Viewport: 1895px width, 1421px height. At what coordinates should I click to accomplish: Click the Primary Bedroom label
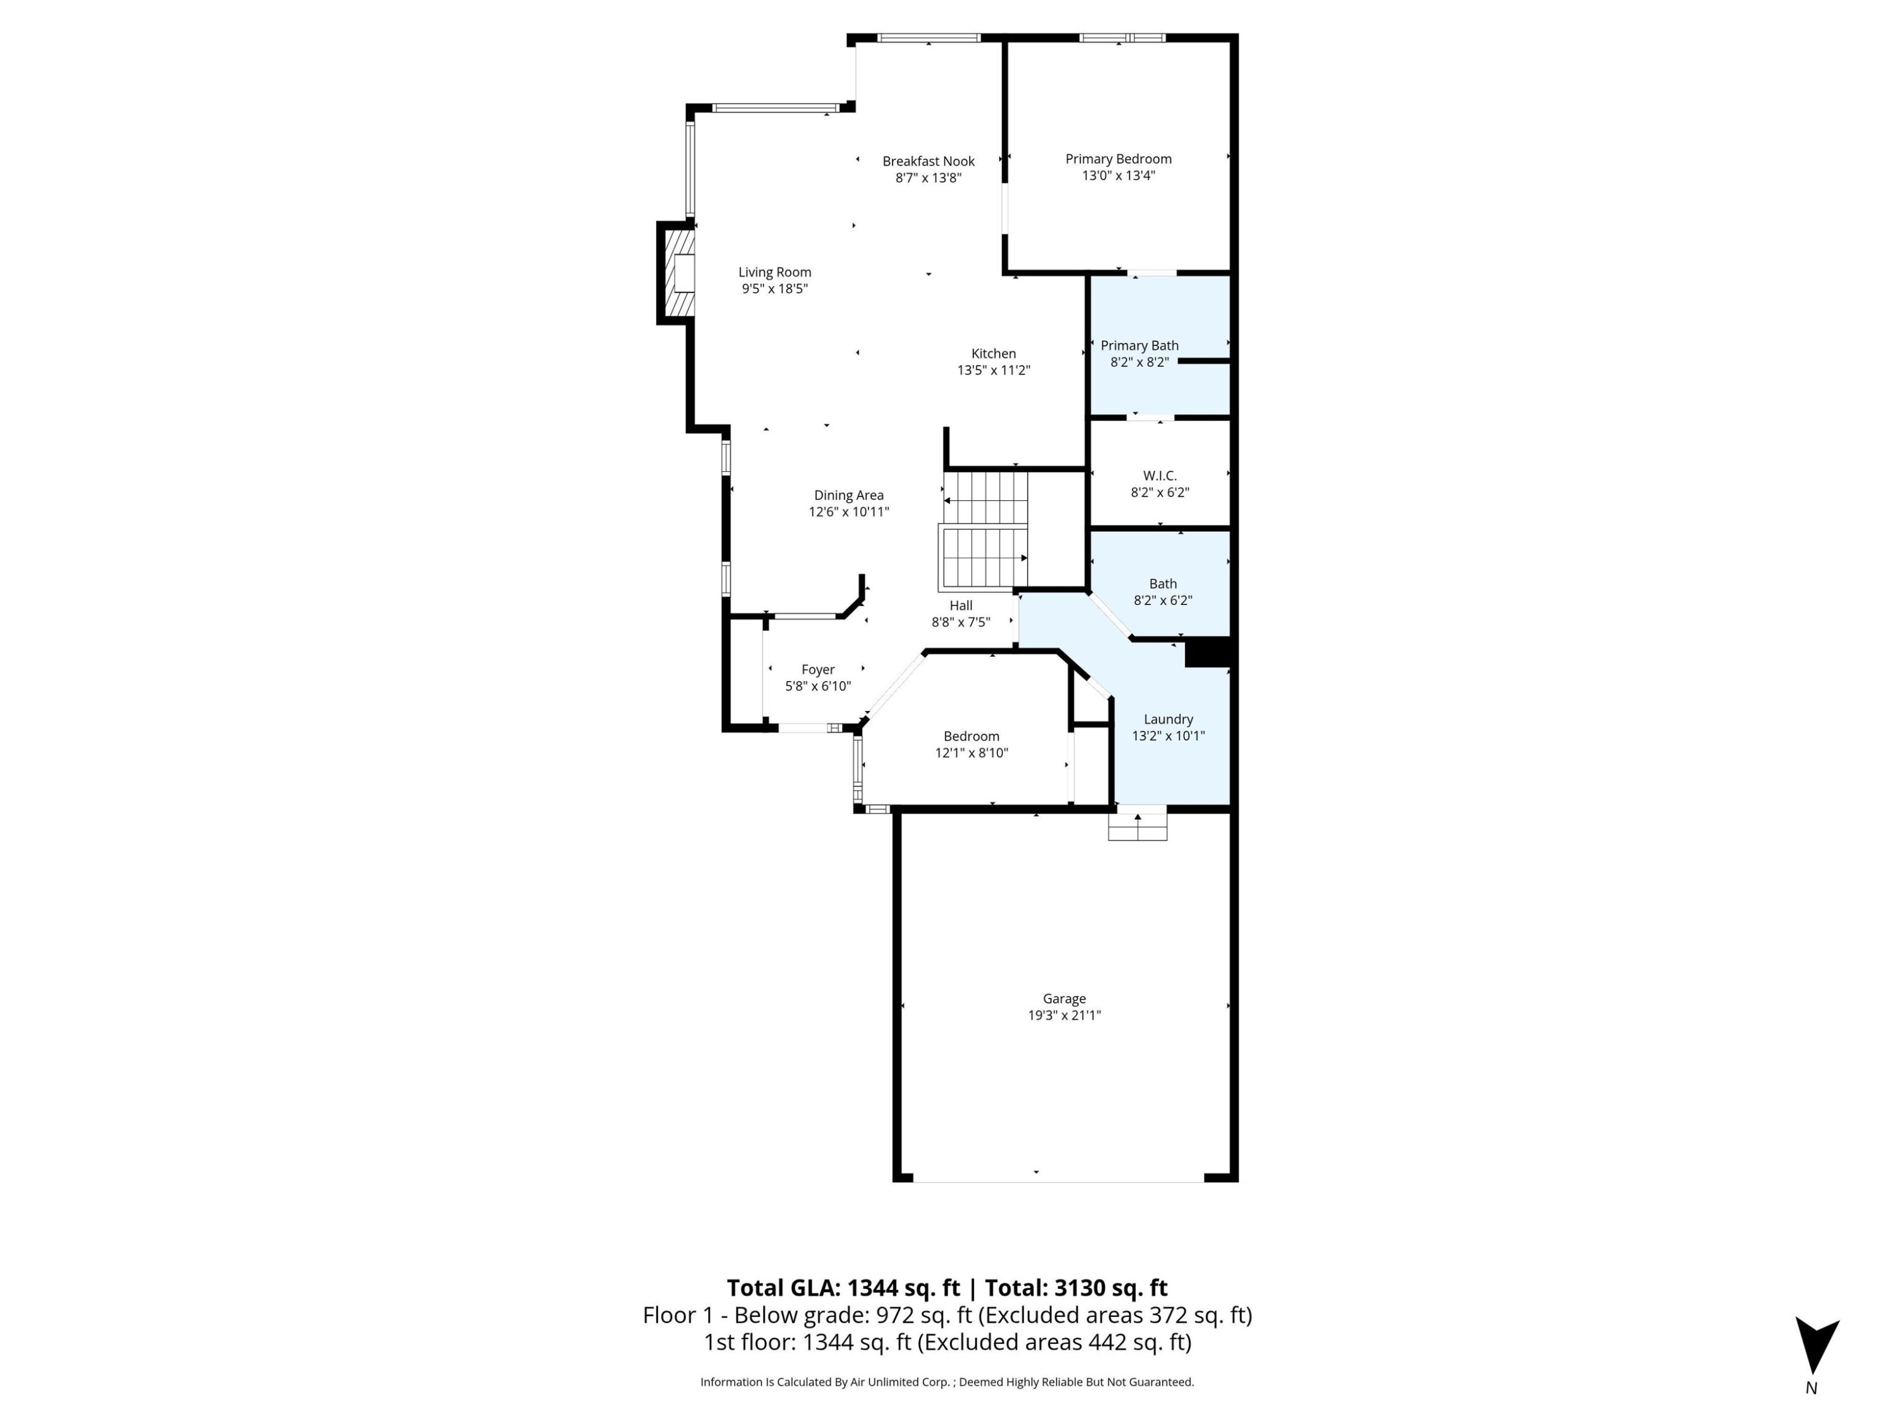(x=1118, y=159)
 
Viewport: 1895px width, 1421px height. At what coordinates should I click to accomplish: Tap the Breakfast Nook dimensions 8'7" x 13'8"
(x=929, y=178)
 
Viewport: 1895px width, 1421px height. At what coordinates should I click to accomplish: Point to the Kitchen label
(x=993, y=353)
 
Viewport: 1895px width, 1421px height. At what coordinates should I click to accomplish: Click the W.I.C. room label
(x=1159, y=476)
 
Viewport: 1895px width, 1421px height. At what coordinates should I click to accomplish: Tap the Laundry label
(x=1168, y=719)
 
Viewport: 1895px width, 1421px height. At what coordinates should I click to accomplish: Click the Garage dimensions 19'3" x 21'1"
(x=1064, y=1015)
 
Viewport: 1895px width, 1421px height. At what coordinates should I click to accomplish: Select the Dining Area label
(x=848, y=495)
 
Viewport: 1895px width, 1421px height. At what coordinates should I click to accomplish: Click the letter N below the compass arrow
(x=1811, y=1388)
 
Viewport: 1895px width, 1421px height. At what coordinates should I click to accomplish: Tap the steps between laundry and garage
(x=1137, y=824)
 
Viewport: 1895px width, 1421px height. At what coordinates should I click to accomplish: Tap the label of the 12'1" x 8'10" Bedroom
(x=971, y=736)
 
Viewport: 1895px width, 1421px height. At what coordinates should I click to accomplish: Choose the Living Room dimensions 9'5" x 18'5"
(x=774, y=289)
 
